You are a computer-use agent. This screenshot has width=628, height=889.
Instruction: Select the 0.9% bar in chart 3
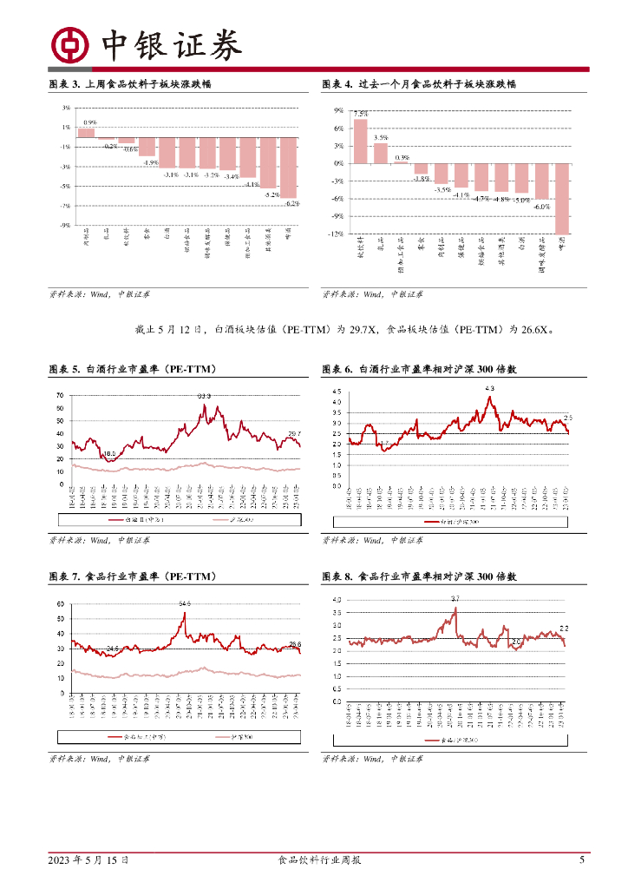coord(86,133)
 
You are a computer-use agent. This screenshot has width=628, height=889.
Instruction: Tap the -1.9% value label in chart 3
coord(150,162)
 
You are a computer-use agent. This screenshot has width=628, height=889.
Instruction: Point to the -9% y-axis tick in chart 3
coord(65,225)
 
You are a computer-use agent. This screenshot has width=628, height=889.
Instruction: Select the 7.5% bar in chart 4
coord(360,142)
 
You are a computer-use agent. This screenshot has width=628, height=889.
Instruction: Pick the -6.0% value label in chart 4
coord(542,207)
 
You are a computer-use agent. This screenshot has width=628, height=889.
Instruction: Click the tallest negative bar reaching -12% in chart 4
coord(562,198)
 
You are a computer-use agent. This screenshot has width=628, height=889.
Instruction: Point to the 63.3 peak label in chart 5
coord(204,396)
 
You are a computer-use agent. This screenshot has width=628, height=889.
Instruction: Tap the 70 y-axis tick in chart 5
coord(60,396)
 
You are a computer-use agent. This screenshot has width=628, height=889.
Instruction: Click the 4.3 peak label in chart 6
coord(489,388)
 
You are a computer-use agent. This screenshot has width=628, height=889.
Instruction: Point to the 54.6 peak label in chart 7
coord(185,603)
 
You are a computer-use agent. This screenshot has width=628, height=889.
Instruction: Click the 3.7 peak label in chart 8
coord(455,599)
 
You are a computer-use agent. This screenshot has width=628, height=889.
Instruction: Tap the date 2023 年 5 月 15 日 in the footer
coord(88,860)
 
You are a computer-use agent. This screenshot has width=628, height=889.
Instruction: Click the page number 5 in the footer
coord(582,860)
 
